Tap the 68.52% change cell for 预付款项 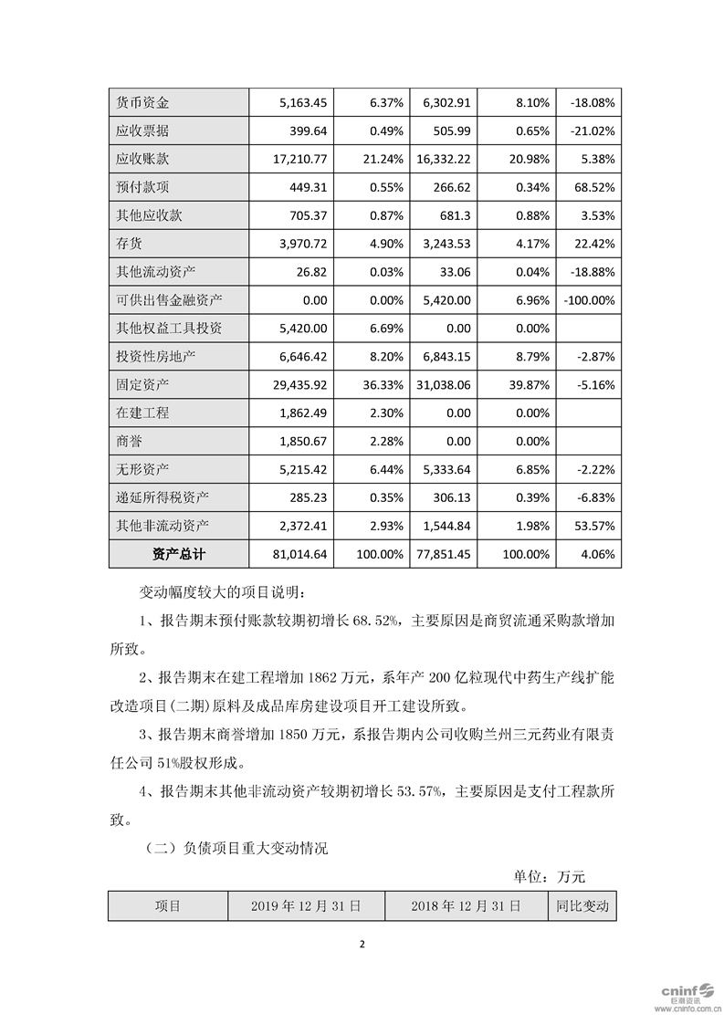[x=592, y=186]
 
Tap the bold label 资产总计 [x=178, y=554]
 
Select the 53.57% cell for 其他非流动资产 [x=592, y=525]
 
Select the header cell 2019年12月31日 [x=305, y=906]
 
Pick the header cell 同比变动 [x=582, y=906]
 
